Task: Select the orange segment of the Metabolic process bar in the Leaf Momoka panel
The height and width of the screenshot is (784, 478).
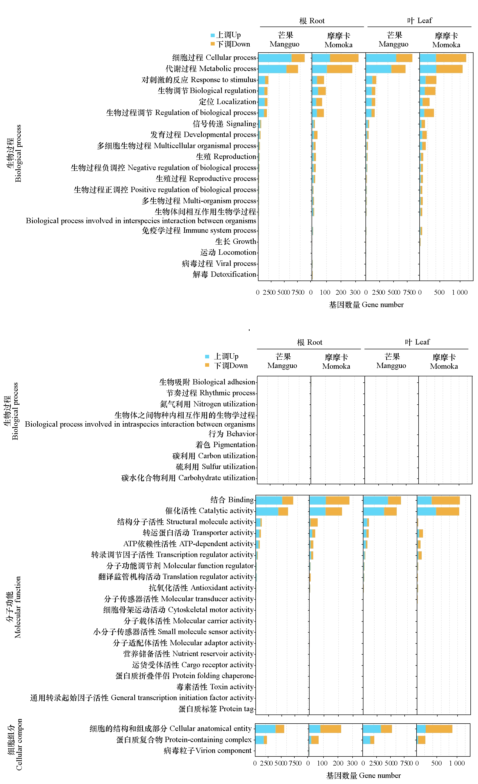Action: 449,69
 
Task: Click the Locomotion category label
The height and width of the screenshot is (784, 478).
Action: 228,252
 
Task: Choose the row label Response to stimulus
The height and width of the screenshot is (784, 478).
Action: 199,80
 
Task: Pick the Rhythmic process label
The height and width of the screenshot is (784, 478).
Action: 211,393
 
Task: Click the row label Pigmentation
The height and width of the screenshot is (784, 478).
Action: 225,445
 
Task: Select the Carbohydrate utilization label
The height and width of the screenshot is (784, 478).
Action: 188,478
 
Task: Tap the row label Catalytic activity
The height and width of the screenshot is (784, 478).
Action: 209,511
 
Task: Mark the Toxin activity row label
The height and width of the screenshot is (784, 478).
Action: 215,687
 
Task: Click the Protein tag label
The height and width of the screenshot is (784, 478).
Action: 216,709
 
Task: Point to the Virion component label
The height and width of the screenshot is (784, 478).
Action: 207,750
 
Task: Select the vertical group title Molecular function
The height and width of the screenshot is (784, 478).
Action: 14,607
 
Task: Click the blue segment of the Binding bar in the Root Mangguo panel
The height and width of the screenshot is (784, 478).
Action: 269,500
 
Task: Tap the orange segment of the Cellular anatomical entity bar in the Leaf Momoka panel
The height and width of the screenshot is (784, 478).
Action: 439,729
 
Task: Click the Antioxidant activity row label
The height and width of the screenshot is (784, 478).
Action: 201,588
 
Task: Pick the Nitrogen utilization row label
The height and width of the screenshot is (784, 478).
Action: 207,404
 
